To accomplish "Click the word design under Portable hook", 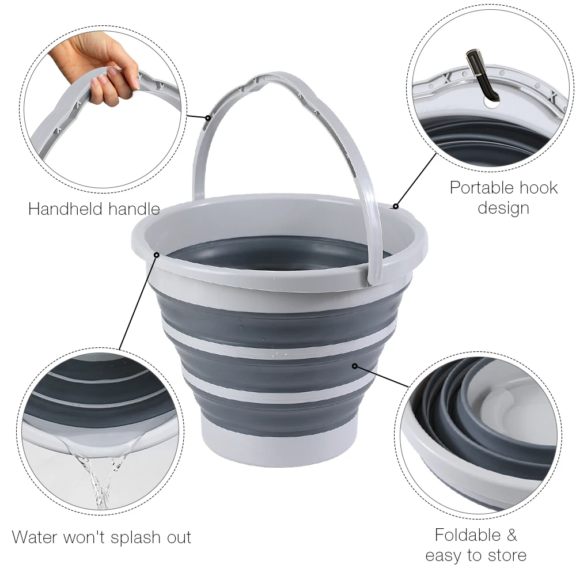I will (x=503, y=207).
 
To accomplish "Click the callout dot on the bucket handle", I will (x=208, y=118).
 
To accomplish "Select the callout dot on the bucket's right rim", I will (x=396, y=206).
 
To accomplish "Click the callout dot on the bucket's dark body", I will (x=355, y=365).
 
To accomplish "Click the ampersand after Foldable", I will (x=511, y=535).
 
